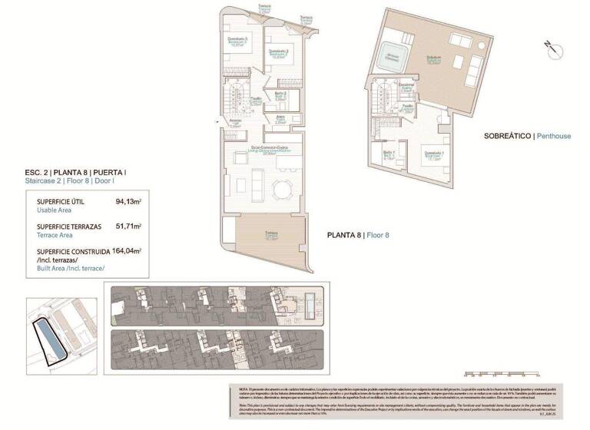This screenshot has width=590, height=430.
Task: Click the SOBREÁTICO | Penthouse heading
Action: click(527, 136)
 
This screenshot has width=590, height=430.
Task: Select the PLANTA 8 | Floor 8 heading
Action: click(359, 235)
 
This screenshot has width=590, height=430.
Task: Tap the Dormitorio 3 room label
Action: click(237, 41)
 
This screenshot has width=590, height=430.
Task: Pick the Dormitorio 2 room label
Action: click(277, 53)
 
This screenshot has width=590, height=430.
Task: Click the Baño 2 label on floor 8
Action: click(280, 96)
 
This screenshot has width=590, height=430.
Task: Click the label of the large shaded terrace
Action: click(271, 237)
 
